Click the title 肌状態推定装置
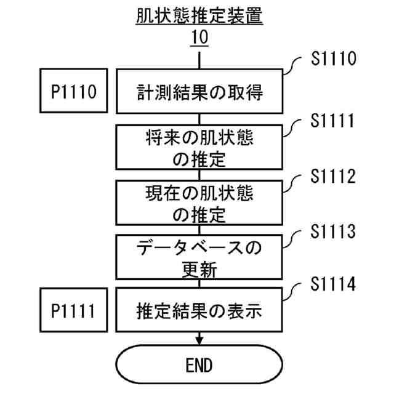tap(199, 15)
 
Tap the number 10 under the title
tap(199, 38)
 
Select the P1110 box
tap(72, 93)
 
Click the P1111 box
tap(72, 311)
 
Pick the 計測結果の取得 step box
tap(199, 93)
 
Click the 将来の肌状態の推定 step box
tap(199, 148)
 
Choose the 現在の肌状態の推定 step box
tap(199, 203)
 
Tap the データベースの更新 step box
tap(199, 258)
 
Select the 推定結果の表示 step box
tap(199, 311)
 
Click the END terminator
tap(199, 364)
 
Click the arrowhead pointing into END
tap(199, 340)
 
